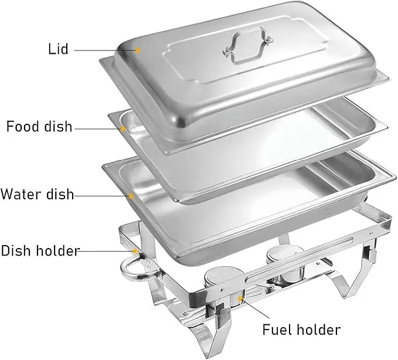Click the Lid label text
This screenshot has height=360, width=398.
[x=58, y=49]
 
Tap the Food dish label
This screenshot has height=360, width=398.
[x=39, y=127]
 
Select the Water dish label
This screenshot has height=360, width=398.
[x=38, y=194]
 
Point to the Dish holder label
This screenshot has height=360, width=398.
[x=40, y=250]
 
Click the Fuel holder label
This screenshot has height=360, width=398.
[x=301, y=330]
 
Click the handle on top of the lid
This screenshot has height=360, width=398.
[x=247, y=45]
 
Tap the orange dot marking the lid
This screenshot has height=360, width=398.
[x=138, y=50]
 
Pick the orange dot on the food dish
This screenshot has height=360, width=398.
[x=123, y=129]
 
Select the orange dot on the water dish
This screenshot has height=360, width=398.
[x=131, y=196]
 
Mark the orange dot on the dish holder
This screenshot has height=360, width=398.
[x=135, y=251]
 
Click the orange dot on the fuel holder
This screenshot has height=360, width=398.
[x=240, y=298]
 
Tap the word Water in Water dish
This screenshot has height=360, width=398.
[x=21, y=194]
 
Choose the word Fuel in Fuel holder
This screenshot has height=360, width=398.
[x=277, y=330]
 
